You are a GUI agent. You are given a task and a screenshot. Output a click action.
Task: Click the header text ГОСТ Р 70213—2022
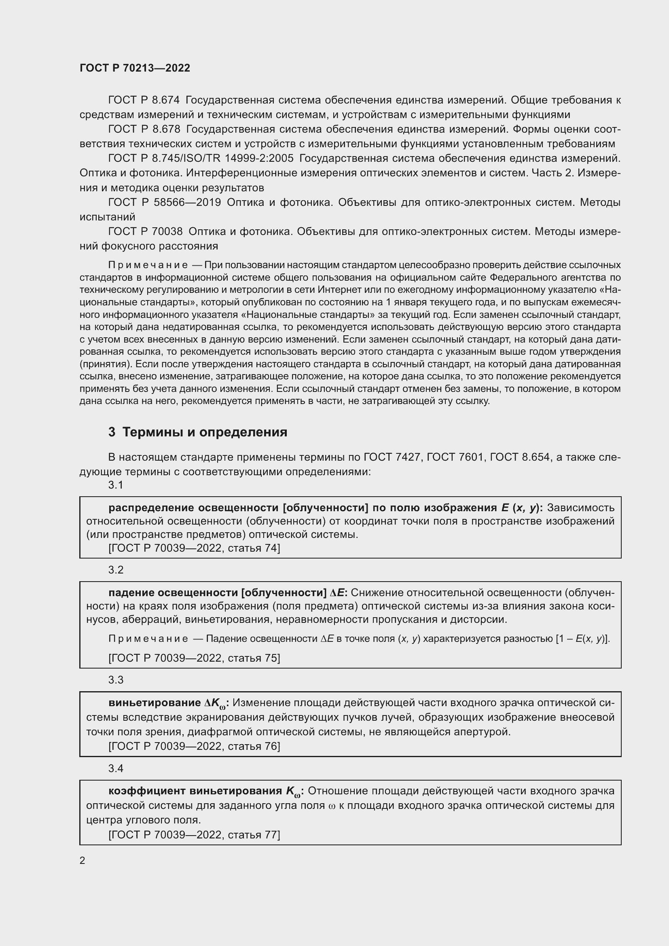[135, 68]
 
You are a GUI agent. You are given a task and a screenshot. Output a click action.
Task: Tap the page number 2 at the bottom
[83, 860]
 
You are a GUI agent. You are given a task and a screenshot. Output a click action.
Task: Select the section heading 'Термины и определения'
[205, 432]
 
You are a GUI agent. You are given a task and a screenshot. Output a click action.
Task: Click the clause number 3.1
[116, 485]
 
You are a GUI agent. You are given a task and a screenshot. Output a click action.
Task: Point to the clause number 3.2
[116, 570]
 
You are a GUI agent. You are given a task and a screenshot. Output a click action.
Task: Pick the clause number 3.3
[116, 680]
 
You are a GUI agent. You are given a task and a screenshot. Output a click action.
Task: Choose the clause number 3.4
[116, 768]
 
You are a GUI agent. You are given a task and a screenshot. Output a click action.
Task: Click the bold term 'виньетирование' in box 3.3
[155, 703]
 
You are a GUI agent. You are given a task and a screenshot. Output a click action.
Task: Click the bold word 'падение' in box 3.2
[131, 593]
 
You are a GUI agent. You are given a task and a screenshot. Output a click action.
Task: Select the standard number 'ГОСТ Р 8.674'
[144, 100]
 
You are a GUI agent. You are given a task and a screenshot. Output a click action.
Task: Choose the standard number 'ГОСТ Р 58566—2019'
[164, 202]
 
